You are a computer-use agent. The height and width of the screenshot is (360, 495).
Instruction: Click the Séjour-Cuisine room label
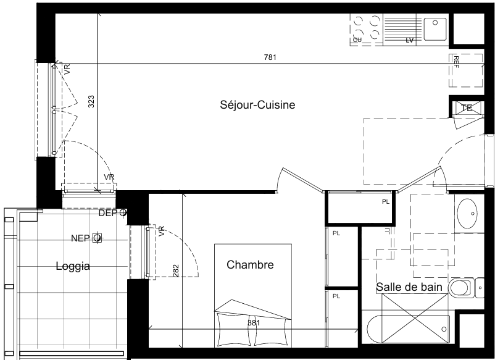[x=257, y=104]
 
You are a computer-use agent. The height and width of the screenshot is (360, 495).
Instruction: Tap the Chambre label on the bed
[x=250, y=265]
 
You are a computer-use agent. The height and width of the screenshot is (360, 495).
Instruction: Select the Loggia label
[x=73, y=266]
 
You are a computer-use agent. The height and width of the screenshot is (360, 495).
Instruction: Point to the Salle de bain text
[x=409, y=287]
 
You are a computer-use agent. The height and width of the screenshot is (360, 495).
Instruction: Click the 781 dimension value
[x=270, y=57]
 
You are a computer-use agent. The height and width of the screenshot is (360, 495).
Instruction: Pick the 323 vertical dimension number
[x=91, y=102]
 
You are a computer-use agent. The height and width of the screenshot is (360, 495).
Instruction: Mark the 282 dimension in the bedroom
[x=176, y=271]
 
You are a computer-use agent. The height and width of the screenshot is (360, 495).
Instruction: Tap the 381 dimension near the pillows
[x=254, y=323]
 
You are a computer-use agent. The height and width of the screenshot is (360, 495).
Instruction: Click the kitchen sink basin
[x=435, y=29]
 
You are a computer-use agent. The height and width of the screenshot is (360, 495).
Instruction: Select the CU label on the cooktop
[x=357, y=40]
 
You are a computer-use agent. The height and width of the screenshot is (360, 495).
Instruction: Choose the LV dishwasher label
[x=409, y=40]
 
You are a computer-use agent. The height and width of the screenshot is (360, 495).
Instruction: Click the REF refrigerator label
[x=456, y=62]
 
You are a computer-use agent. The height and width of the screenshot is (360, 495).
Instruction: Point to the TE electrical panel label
[x=467, y=108]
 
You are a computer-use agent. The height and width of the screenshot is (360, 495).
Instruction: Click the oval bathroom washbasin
[x=468, y=214]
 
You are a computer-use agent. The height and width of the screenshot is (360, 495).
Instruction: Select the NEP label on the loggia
[x=80, y=238]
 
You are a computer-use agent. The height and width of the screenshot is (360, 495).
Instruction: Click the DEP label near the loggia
[x=107, y=213]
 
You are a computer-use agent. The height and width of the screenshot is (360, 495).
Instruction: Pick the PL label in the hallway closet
[x=386, y=202]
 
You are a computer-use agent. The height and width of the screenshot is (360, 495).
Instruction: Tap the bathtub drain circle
[x=444, y=329]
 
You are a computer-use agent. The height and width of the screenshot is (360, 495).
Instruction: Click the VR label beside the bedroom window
[x=162, y=231]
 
